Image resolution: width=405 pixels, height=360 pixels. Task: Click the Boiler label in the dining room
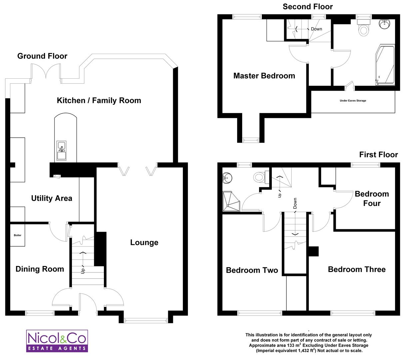click(x=18, y=235)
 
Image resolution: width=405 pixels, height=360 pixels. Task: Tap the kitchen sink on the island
click(x=61, y=150)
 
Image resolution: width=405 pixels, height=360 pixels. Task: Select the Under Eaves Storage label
click(x=353, y=101)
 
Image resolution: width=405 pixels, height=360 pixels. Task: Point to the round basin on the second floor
click(x=384, y=24)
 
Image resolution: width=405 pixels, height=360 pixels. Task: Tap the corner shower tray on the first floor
click(x=231, y=201)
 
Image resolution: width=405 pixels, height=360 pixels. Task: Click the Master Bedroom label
click(x=264, y=76)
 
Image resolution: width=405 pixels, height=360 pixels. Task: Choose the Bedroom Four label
click(x=372, y=199)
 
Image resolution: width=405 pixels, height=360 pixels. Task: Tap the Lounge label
click(x=144, y=242)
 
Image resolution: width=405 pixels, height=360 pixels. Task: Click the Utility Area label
click(x=52, y=198)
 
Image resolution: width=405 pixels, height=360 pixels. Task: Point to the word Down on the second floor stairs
click(x=316, y=29)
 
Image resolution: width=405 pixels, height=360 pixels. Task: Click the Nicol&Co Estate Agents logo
click(x=57, y=341)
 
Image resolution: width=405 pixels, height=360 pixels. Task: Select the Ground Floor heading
click(x=42, y=56)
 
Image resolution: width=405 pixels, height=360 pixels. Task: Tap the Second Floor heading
click(x=308, y=7)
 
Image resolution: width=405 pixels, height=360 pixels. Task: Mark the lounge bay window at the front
click(x=146, y=321)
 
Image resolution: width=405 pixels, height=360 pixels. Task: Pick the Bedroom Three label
click(x=357, y=269)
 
